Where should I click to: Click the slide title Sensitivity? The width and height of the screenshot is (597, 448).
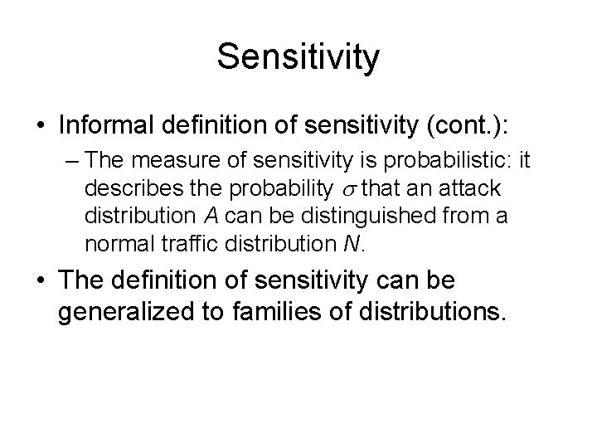coord(298,57)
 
